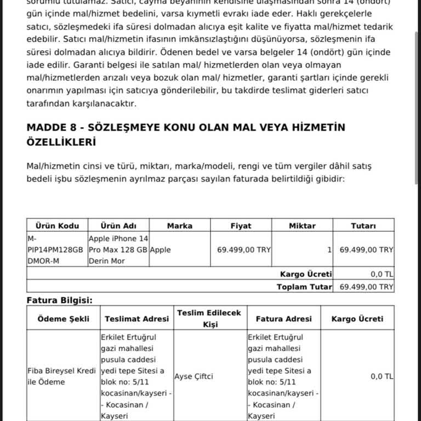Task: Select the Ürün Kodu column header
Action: pyautogui.click(x=57, y=226)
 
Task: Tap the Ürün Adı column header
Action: pyautogui.click(x=118, y=226)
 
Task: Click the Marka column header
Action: pyautogui.click(x=179, y=226)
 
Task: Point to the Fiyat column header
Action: pyautogui.click(x=241, y=226)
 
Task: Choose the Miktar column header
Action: pyautogui.click(x=302, y=226)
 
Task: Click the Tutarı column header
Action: pyautogui.click(x=363, y=226)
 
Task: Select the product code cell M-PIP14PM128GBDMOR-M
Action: pyautogui.click(x=55, y=250)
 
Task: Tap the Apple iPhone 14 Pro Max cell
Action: pyautogui.click(x=118, y=250)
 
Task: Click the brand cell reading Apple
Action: pyautogui.click(x=160, y=250)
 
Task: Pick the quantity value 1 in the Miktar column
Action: pyautogui.click(x=329, y=250)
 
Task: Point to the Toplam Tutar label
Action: pyautogui.click(x=304, y=287)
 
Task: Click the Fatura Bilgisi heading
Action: pyautogui.click(x=60, y=300)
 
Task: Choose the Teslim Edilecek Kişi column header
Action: pyautogui.click(x=209, y=318)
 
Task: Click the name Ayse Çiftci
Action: pyautogui.click(x=194, y=377)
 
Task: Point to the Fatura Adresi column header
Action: pyautogui.click(x=283, y=318)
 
